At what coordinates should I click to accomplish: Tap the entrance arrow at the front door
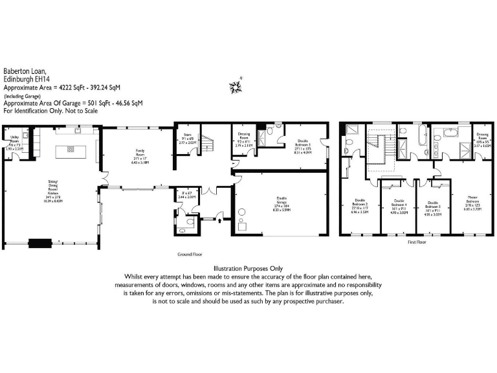click(x=221, y=221)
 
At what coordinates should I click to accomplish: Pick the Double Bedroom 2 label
click(x=359, y=207)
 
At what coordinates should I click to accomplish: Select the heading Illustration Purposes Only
click(x=248, y=268)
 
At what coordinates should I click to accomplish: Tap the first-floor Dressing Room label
click(x=481, y=138)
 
